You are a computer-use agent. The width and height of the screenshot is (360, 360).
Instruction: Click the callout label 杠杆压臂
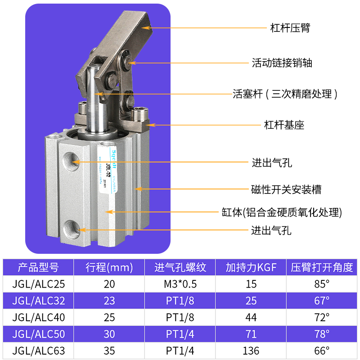coord(290,27)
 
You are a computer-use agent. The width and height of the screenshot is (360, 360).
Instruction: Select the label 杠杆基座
coord(283,125)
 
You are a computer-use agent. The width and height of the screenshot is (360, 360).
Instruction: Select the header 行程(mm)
coord(109,267)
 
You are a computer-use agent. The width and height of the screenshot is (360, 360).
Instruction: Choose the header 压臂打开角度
coord(321,267)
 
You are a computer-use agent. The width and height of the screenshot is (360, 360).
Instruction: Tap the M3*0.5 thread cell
coord(180,284)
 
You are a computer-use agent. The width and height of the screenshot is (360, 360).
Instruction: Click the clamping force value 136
coord(251,351)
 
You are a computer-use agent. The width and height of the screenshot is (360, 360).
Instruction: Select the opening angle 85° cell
coord(321,284)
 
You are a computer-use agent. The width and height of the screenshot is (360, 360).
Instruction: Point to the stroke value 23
coord(109,301)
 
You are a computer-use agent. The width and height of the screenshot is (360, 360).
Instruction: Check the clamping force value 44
coord(251,317)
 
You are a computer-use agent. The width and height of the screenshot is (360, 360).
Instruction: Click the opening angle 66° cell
coord(321,351)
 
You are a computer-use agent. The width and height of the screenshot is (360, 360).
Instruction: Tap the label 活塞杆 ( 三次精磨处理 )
coord(285,94)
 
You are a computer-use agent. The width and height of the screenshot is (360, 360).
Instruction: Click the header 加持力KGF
coord(251,267)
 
